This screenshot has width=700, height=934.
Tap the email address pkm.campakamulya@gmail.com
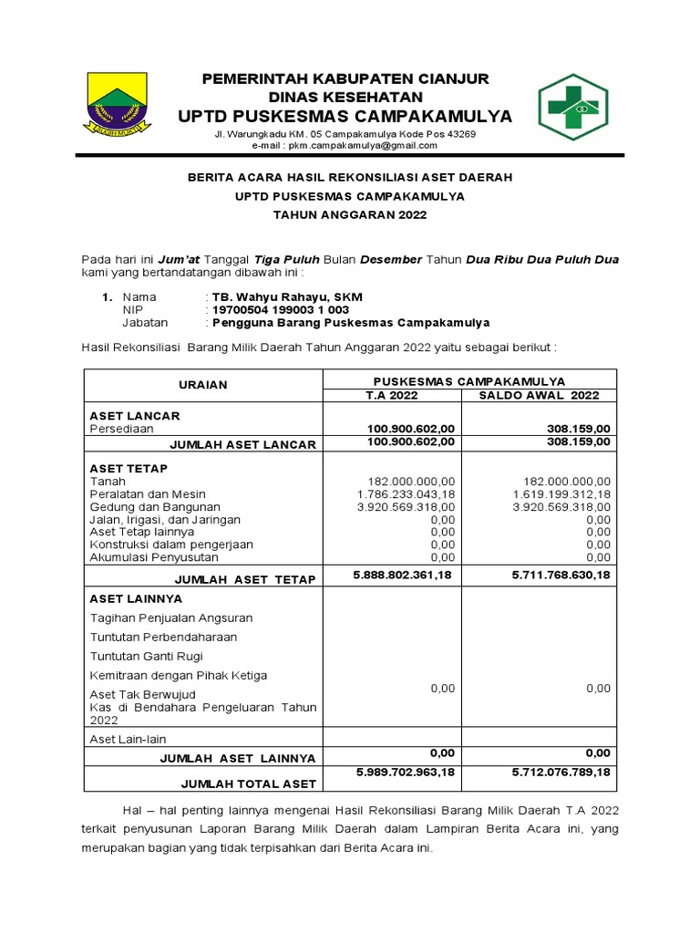coord(345,146)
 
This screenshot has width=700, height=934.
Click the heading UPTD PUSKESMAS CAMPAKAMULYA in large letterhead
coord(345,116)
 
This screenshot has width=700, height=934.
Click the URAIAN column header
coord(202,385)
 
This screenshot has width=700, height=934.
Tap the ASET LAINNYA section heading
coord(136,598)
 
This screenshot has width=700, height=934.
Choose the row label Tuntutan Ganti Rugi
coord(146,656)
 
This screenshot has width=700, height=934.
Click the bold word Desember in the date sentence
coord(391,260)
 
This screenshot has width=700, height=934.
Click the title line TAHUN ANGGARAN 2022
coord(350,214)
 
